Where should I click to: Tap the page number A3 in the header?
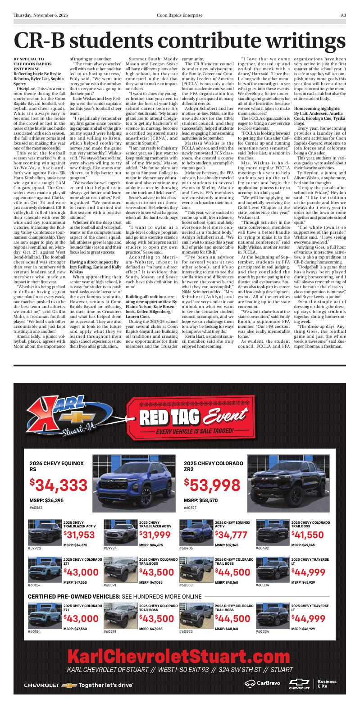click(x=343, y=15)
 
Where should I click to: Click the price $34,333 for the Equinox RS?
click(x=59, y=485)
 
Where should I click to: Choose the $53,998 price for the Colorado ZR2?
click(x=212, y=485)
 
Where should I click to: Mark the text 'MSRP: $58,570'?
click(x=201, y=500)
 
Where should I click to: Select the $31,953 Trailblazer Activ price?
click(x=79, y=535)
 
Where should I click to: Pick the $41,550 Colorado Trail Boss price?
click(x=307, y=535)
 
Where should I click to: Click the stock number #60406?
click(x=186, y=549)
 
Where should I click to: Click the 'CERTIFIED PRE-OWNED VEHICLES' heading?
click(x=74, y=597)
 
